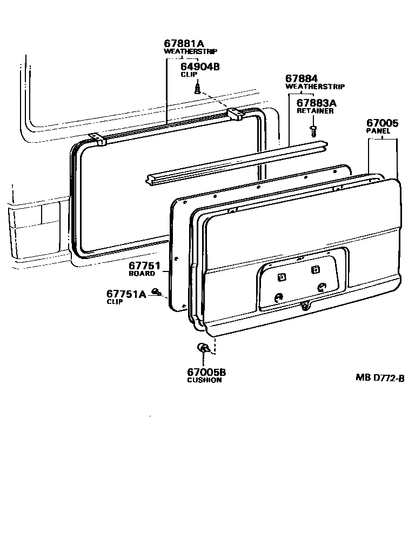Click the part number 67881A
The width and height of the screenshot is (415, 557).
pyautogui.click(x=184, y=43)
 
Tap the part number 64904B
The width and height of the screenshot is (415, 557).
pyautogui.click(x=200, y=67)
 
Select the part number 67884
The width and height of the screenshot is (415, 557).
pyautogui.click(x=302, y=78)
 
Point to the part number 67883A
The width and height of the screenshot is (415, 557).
pyautogui.click(x=317, y=103)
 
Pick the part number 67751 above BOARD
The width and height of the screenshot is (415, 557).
pyautogui.click(x=144, y=266)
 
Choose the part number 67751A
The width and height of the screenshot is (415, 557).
pyautogui.click(x=126, y=294)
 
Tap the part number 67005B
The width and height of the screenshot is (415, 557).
pyautogui.click(x=206, y=372)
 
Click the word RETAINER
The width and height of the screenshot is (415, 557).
pyautogui.click(x=315, y=111)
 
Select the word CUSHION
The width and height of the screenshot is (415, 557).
pyautogui.click(x=204, y=380)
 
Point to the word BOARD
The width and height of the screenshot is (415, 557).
pyautogui.click(x=142, y=274)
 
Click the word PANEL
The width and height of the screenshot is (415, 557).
pyautogui.click(x=378, y=131)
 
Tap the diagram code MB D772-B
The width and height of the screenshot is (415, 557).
pyautogui.click(x=380, y=378)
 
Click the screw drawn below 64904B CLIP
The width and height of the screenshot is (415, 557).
pyautogui.click(x=198, y=87)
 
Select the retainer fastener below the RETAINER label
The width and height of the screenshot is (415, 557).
pyautogui.click(x=313, y=129)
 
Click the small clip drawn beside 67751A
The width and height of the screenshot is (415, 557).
pyautogui.click(x=157, y=293)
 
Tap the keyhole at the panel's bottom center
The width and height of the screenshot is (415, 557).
pyautogui.click(x=306, y=307)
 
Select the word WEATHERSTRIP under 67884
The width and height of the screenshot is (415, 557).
pyautogui.click(x=315, y=87)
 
